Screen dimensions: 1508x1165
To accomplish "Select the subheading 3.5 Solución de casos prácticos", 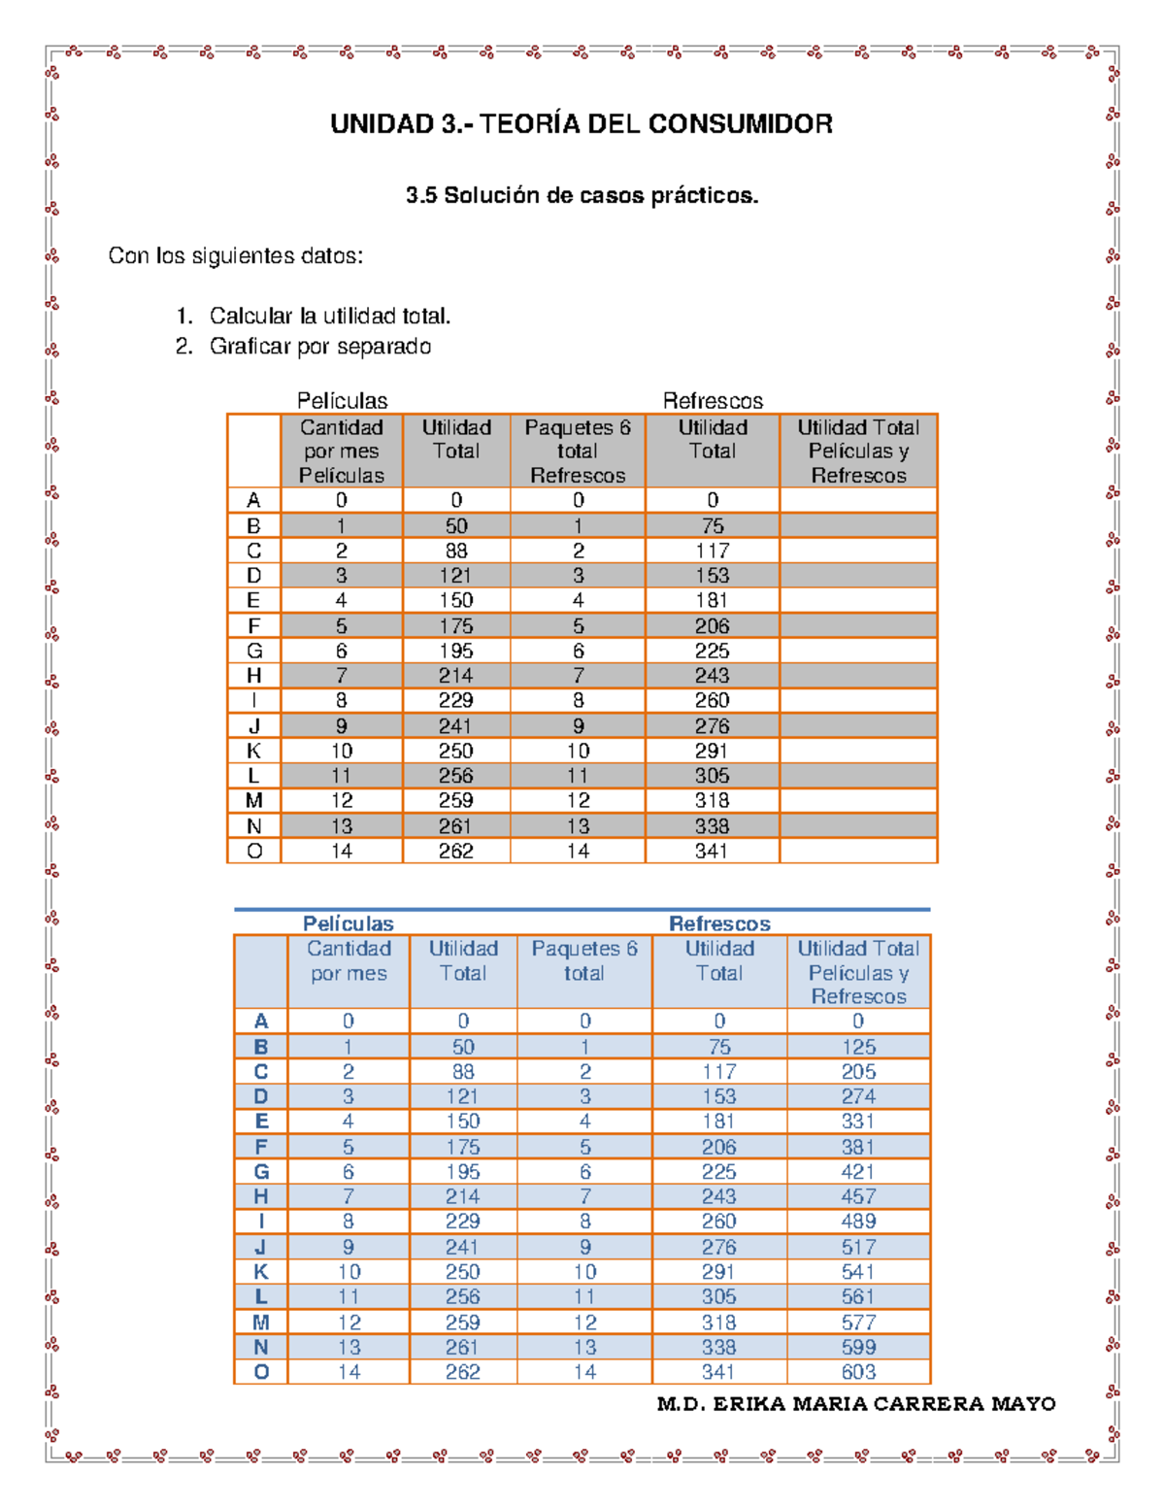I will click(582, 195).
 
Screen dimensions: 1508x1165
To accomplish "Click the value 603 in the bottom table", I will click(858, 1372).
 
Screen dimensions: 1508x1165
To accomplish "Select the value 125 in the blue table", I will click(858, 1047).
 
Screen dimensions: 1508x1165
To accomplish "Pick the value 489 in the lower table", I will click(858, 1222).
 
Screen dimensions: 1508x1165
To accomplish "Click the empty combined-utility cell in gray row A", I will click(858, 500).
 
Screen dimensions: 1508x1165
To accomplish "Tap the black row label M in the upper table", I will click(254, 800).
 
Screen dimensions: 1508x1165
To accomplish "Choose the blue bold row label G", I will click(261, 1172).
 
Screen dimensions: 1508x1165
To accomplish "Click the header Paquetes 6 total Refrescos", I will click(578, 451).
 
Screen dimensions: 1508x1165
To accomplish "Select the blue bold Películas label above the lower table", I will click(348, 923).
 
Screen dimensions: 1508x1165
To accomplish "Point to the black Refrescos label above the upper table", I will click(713, 401).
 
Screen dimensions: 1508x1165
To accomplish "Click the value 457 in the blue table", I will click(858, 1196).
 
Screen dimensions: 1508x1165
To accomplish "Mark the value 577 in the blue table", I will click(858, 1323).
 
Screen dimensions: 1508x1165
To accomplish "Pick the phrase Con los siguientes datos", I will click(236, 256).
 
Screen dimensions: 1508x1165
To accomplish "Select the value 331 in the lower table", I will click(858, 1122).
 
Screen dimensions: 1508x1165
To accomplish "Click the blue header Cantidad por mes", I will click(349, 961).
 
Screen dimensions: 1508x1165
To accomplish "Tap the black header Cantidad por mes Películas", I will click(342, 451).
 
